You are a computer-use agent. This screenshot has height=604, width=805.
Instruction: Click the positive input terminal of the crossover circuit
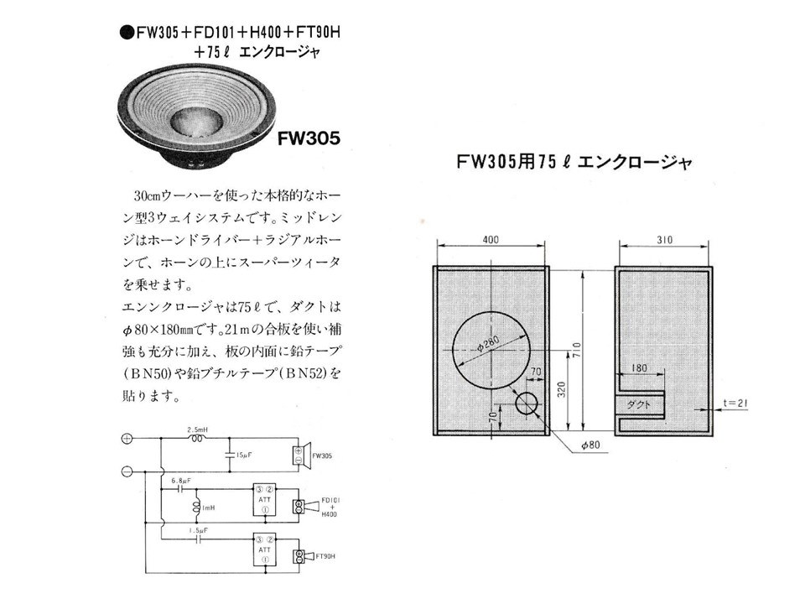[127, 438]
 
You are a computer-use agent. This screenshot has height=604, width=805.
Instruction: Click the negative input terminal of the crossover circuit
[127, 471]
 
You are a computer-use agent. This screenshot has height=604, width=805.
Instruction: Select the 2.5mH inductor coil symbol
[199, 438]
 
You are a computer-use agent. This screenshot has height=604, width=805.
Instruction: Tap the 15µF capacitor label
[241, 455]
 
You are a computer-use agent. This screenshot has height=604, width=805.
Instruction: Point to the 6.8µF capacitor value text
[181, 481]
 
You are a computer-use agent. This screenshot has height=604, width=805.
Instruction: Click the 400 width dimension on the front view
[491, 240]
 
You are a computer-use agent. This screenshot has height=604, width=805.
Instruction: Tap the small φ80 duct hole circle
[527, 404]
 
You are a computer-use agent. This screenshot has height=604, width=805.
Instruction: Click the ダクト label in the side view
[640, 404]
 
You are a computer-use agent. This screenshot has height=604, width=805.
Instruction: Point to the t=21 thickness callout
[735, 404]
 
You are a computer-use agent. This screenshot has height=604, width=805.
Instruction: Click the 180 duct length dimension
[639, 367]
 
